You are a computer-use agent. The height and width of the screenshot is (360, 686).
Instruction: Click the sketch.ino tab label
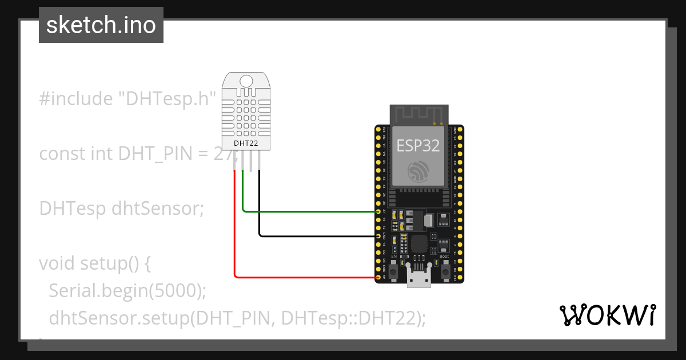pyautogui.click(x=101, y=25)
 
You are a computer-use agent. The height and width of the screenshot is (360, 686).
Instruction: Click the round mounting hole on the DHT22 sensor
pyautogui.click(x=247, y=81)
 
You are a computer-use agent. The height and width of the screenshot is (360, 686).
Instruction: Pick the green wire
pyautogui.click(x=309, y=211)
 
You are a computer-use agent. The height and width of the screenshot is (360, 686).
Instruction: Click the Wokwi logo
pyautogui.click(x=607, y=315)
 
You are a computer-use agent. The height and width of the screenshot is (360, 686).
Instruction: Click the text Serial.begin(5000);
pyautogui.click(x=127, y=291)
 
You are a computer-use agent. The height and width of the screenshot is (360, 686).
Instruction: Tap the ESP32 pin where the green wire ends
pyautogui.click(x=378, y=211)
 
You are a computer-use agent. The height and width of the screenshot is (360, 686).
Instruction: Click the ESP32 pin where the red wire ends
pyautogui.click(x=378, y=278)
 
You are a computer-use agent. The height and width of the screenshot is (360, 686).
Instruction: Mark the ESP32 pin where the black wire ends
pyautogui.click(x=378, y=236)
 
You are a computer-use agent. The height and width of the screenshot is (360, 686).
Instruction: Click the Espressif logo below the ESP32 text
pyautogui.click(x=418, y=172)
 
